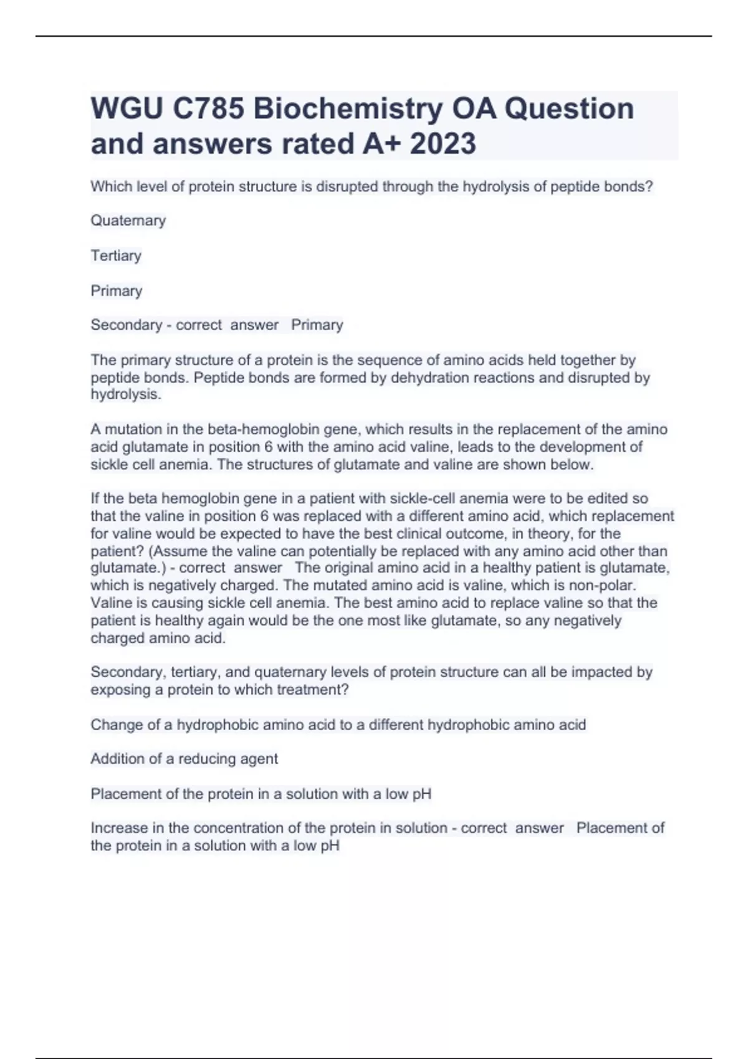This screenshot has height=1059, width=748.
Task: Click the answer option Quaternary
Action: (128, 221)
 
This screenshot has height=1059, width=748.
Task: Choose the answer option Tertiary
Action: (116, 255)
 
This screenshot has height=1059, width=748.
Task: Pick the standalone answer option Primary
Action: (117, 291)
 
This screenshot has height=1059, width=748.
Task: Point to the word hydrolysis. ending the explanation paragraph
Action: (126, 394)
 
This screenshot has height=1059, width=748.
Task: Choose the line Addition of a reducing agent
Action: (185, 759)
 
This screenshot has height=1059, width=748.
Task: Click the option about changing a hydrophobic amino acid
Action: (338, 725)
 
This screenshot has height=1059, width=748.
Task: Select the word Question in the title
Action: (569, 109)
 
